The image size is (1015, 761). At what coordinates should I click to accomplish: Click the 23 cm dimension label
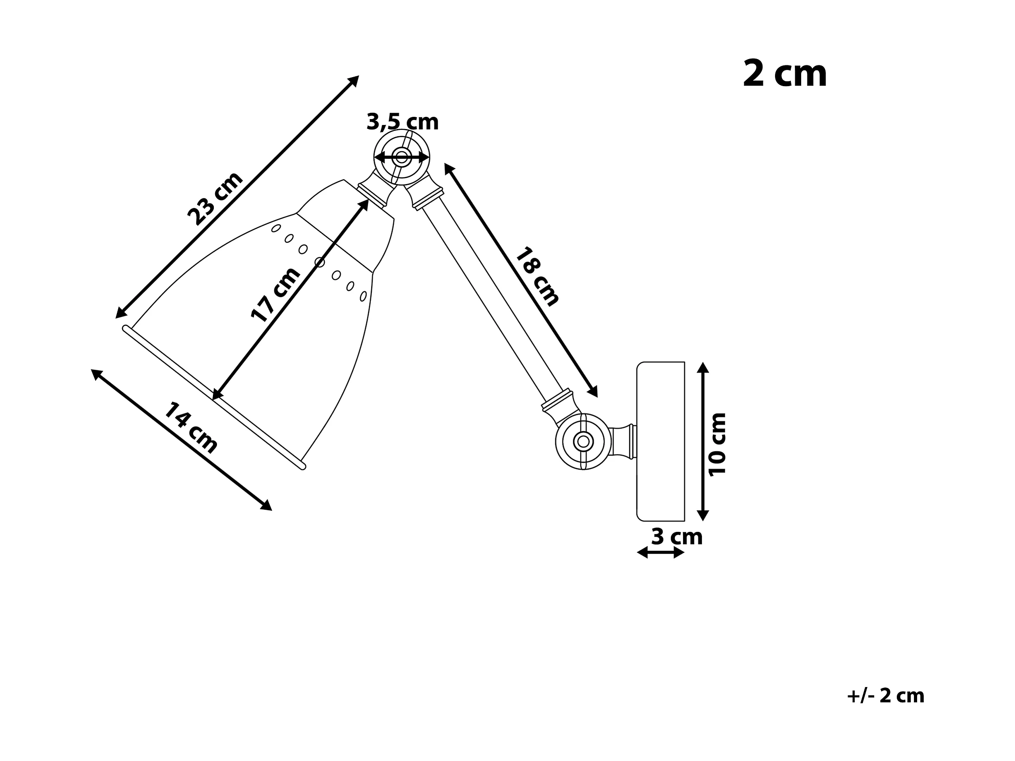pyautogui.click(x=215, y=198)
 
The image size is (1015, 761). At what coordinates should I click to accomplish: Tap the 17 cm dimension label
pyautogui.click(x=275, y=295)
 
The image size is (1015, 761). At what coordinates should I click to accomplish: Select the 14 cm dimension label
pyautogui.click(x=190, y=428)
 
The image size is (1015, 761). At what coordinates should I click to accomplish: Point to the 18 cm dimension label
pyautogui.click(x=537, y=276)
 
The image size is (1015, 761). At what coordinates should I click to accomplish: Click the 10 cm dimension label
pyautogui.click(x=717, y=444)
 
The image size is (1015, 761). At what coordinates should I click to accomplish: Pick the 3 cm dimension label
pyautogui.click(x=677, y=537)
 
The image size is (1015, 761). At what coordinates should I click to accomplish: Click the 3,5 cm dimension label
pyautogui.click(x=402, y=122)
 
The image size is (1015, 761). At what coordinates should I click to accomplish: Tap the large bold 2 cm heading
pyautogui.click(x=784, y=74)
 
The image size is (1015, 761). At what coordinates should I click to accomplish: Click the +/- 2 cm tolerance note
pyautogui.click(x=885, y=696)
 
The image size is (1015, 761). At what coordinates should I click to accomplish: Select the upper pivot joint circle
pyautogui.click(x=402, y=157)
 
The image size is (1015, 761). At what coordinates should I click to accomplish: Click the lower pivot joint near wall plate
pyautogui.click(x=583, y=441)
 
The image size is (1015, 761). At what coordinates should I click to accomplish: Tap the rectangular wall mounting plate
pyautogui.click(x=661, y=441)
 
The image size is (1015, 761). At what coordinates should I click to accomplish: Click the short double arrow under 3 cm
pyautogui.click(x=661, y=553)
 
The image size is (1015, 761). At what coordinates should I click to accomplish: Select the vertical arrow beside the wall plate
pyautogui.click(x=703, y=441)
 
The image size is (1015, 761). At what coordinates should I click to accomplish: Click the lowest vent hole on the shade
pyautogui.click(x=363, y=296)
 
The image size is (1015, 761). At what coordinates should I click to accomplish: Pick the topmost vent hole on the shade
pyautogui.click(x=276, y=228)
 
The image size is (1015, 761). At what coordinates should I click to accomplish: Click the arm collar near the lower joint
pyautogui.click(x=558, y=400)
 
